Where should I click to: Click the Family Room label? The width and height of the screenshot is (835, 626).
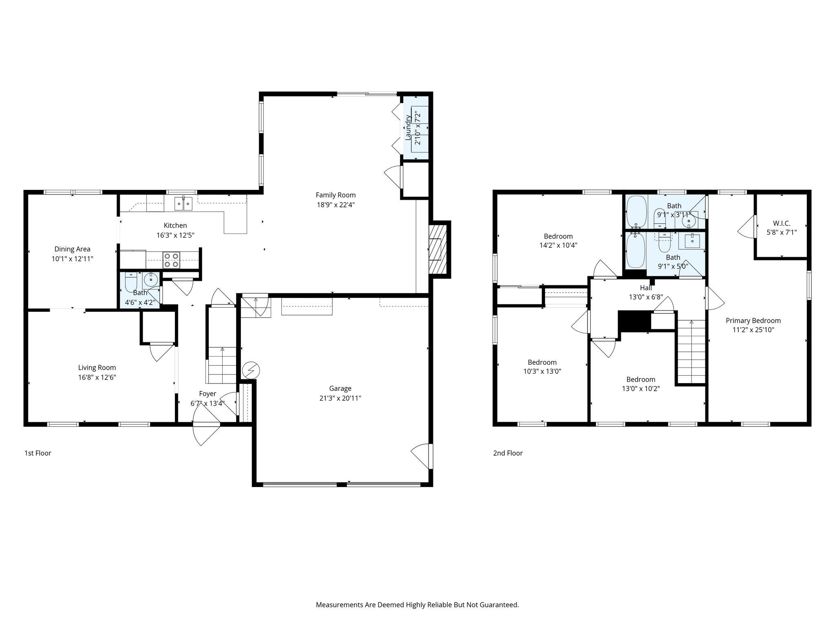(x=336, y=195)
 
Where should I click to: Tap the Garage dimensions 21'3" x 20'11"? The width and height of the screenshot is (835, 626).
(x=340, y=398)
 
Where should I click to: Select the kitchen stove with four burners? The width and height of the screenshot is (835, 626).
(x=171, y=260)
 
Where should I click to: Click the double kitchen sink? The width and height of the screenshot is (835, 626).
(x=183, y=203)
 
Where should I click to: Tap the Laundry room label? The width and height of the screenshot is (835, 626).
(x=408, y=128)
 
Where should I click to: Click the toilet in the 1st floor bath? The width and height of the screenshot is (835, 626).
(x=131, y=282)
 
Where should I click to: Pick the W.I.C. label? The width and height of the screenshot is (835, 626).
(x=782, y=223)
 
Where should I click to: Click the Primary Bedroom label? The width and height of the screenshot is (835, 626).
(x=753, y=321)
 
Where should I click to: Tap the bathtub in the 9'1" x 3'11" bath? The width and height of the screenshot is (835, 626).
(x=636, y=212)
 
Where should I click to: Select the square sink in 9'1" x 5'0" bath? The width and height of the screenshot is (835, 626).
(x=692, y=241)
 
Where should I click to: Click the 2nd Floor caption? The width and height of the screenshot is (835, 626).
(x=508, y=453)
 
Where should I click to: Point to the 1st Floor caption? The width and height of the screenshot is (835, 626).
(x=38, y=453)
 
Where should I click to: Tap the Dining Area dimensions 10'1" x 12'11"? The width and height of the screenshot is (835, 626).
(x=72, y=259)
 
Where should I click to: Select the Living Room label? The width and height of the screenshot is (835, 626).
(x=97, y=368)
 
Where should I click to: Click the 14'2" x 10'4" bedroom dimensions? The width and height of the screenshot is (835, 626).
(x=558, y=245)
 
